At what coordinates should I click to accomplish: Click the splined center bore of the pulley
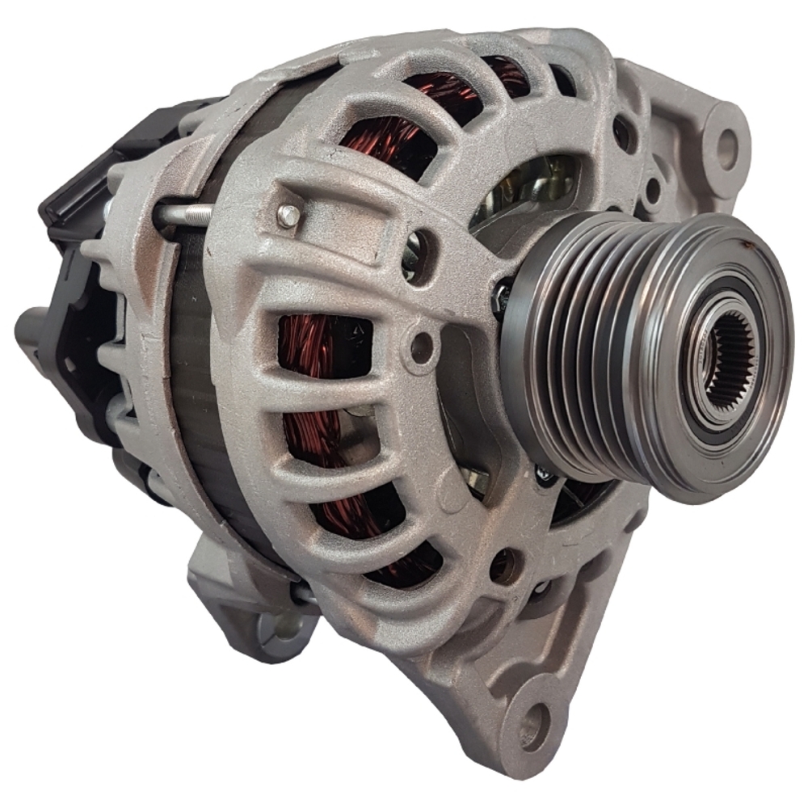point(732,356)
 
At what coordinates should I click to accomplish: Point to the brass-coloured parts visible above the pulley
point(529,182)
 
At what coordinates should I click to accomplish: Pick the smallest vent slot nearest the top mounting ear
point(563,79)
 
